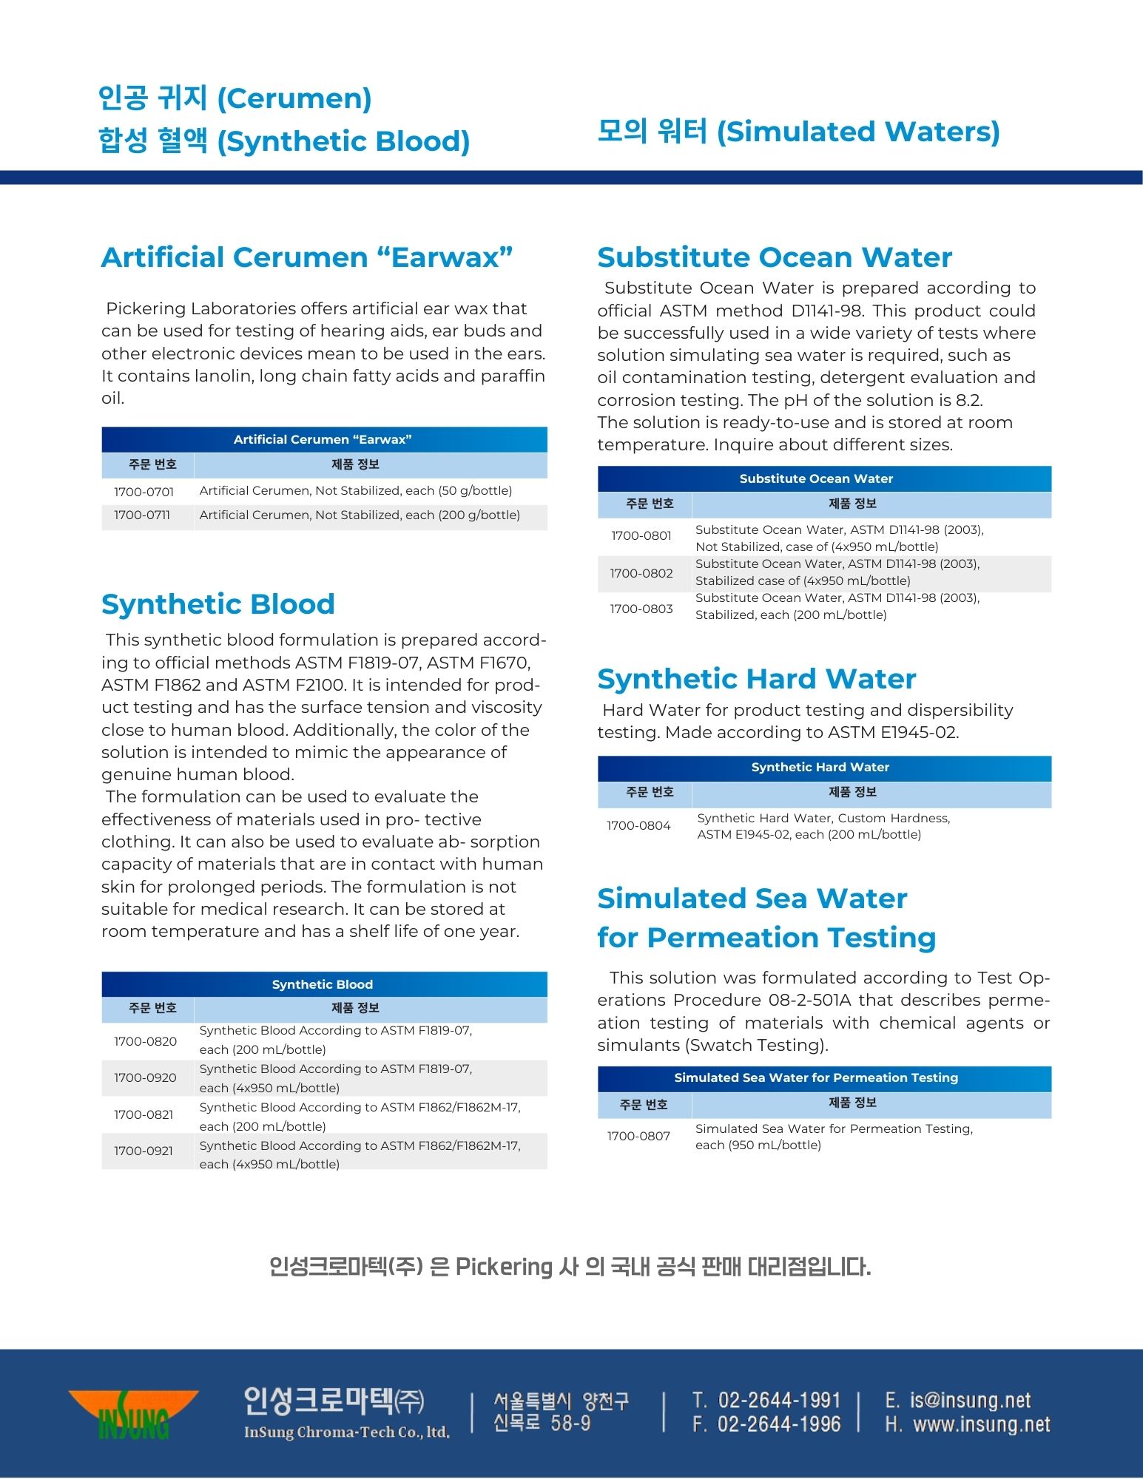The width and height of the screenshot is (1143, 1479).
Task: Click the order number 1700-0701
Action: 144,492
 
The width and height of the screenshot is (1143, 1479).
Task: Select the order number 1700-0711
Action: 142,515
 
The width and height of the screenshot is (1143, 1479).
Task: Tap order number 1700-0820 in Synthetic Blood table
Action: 145,1041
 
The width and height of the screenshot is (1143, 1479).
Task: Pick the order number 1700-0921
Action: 144,1151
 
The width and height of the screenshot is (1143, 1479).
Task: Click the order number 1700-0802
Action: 641,573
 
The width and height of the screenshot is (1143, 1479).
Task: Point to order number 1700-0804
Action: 638,825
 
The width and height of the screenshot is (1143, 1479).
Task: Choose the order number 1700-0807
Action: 638,1136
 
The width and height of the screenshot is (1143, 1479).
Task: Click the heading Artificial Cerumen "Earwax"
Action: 307,257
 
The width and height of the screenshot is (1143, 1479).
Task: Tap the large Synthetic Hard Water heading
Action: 757,679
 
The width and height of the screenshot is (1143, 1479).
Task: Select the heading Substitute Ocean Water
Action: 775,257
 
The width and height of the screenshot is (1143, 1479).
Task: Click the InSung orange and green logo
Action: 134,1414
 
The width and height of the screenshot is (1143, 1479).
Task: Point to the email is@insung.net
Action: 970,1400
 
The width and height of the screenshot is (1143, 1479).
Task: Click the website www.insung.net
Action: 981,1424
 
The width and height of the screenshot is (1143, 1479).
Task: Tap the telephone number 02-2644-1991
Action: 779,1400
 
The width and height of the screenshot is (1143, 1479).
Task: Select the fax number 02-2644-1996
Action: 779,1424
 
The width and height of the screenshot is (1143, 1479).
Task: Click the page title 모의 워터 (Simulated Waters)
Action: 798,132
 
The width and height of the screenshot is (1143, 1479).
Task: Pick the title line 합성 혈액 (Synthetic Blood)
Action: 284,141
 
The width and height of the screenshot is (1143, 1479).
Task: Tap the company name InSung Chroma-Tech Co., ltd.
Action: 346,1432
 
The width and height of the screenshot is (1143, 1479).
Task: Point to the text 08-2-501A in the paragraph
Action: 810,1000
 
